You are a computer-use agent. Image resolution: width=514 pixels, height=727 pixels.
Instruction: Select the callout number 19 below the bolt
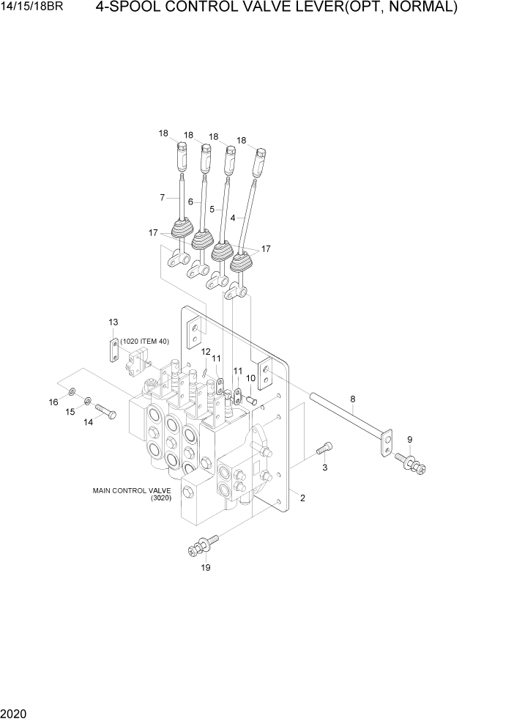(x=206, y=567)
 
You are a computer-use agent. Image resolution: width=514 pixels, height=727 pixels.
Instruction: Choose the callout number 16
(x=53, y=402)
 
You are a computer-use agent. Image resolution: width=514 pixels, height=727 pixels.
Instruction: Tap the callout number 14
(x=89, y=421)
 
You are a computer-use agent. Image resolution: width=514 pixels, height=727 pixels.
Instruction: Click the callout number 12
(x=206, y=352)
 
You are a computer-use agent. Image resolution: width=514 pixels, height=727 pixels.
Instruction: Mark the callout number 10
(x=250, y=377)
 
